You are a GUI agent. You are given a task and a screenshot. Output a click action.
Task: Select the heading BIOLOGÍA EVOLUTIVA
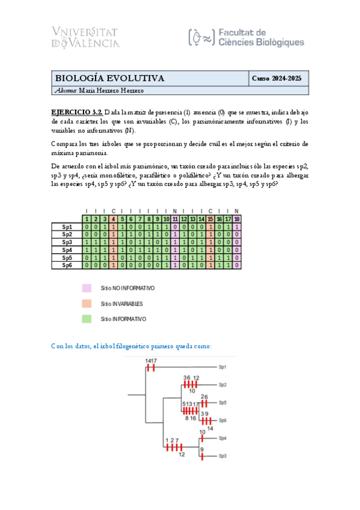click(x=110, y=78)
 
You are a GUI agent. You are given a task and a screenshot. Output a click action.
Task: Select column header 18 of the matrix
click(x=237, y=219)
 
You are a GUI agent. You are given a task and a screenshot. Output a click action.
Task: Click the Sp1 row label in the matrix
click(x=67, y=227)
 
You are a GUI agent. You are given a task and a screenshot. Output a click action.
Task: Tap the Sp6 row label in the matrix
click(x=67, y=265)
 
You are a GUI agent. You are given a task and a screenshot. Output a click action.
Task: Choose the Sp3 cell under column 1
click(x=87, y=242)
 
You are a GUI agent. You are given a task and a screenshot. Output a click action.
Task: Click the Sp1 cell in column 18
click(x=237, y=227)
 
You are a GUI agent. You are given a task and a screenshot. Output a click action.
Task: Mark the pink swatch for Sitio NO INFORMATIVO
click(x=87, y=288)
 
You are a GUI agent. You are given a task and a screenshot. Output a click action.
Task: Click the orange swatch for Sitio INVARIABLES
click(x=87, y=304)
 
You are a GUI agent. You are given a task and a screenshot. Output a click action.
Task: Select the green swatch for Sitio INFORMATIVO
click(x=87, y=319)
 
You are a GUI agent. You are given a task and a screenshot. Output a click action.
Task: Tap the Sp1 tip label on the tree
click(x=222, y=366)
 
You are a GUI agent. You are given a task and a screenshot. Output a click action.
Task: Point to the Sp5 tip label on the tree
click(x=222, y=402)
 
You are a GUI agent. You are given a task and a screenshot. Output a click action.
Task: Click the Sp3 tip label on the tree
click(x=222, y=456)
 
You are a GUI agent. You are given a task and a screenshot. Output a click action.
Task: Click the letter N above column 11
click(x=174, y=211)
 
